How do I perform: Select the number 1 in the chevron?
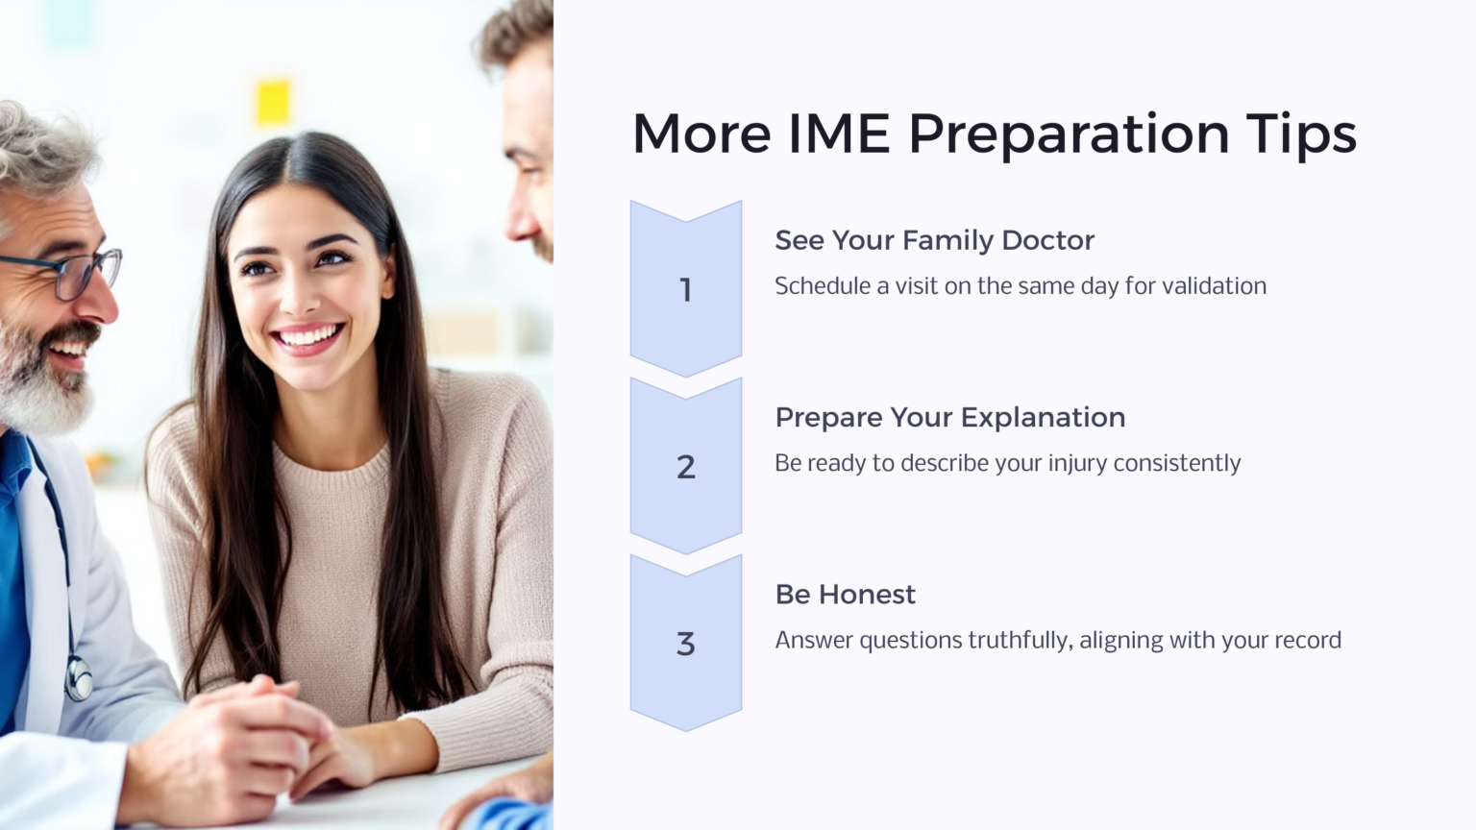pyautogui.click(x=685, y=289)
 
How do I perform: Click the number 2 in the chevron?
pyautogui.click(x=685, y=467)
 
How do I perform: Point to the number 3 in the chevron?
pyautogui.click(x=685, y=644)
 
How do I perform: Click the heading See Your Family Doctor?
pyautogui.click(x=934, y=240)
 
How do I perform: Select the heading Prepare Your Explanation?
pyautogui.click(x=949, y=417)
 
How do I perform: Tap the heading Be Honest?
pyautogui.click(x=845, y=595)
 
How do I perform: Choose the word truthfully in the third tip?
pyautogui.click(x=1019, y=641)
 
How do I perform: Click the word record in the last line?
pyautogui.click(x=1307, y=641)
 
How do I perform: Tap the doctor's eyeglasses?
pyautogui.click(x=77, y=273)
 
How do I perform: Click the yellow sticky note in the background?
pyautogui.click(x=273, y=103)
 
